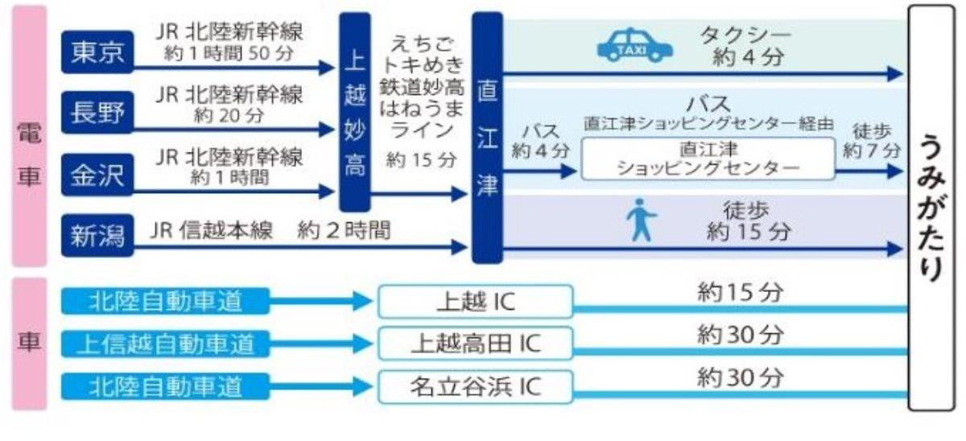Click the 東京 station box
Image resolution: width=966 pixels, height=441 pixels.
pyautogui.click(x=97, y=52)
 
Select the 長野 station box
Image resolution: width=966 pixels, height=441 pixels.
pyautogui.click(x=97, y=113)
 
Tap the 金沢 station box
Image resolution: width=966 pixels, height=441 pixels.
pyautogui.click(x=97, y=175)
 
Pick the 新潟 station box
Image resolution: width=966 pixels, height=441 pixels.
pyautogui.click(x=97, y=235)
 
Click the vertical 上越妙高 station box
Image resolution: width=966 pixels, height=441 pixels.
pyautogui.click(x=355, y=112)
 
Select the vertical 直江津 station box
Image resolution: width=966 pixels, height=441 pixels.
pyautogui.click(x=487, y=138)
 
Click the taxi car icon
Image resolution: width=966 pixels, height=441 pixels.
pyautogui.click(x=634, y=45)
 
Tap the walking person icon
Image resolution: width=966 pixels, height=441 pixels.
pyautogui.click(x=642, y=220)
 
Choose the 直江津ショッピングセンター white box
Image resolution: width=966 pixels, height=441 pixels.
pyautogui.click(x=708, y=159)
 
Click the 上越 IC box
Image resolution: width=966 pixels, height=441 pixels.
pyautogui.click(x=476, y=301)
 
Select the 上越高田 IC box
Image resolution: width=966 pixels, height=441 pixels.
pyautogui.click(x=476, y=344)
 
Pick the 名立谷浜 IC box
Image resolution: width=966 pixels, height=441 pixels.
pyautogui.click(x=476, y=387)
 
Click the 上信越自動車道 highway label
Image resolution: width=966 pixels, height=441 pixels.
pyautogui.click(x=165, y=344)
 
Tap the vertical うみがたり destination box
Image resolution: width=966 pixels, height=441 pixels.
pyautogui.click(x=931, y=208)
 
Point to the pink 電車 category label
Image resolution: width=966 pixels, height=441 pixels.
pyautogui.click(x=29, y=136)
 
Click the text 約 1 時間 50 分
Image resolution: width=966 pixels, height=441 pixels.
pyautogui.click(x=229, y=54)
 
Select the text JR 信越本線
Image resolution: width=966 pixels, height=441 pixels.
pyautogui.click(x=211, y=230)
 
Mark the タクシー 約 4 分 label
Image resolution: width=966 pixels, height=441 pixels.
pyautogui.click(x=746, y=46)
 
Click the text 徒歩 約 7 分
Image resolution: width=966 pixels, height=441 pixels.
pyautogui.click(x=872, y=141)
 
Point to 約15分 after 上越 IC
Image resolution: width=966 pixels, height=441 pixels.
pyautogui.click(x=740, y=293)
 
